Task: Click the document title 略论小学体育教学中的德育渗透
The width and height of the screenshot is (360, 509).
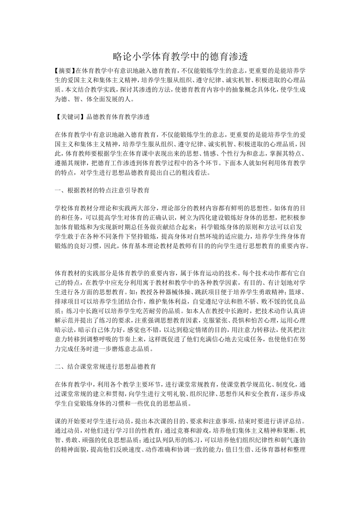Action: (180, 57)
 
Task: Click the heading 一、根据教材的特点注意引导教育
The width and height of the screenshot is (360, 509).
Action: (102, 190)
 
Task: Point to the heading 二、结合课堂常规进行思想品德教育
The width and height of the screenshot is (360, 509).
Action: (105, 367)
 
